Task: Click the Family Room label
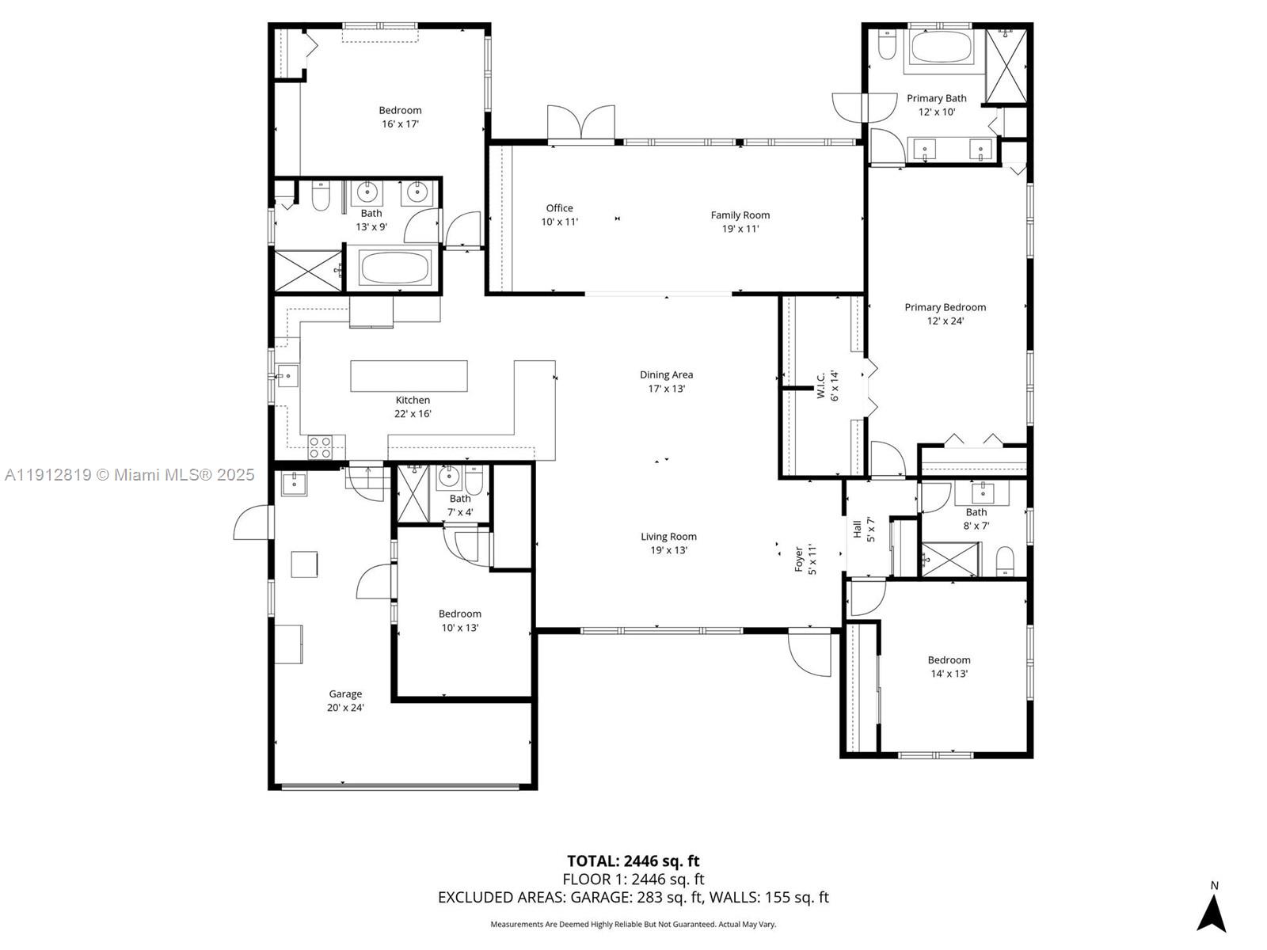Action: point(740,215)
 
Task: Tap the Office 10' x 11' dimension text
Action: point(559,222)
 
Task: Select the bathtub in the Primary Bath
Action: point(941,47)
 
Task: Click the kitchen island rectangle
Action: point(409,376)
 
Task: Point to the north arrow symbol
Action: point(1212,913)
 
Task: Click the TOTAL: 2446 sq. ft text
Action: point(633,861)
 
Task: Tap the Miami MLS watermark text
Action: point(129,475)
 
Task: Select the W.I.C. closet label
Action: point(821,385)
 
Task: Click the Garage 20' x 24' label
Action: point(345,701)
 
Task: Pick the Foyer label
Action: point(799,559)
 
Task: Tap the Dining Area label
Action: point(666,375)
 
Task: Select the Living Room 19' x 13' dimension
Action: point(668,550)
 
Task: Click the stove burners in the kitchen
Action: point(320,447)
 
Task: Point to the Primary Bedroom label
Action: point(945,307)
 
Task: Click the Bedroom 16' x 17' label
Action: point(400,117)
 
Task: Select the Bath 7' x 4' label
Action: point(460,505)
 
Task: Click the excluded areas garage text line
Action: point(633,898)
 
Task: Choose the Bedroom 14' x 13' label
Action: point(949,667)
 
